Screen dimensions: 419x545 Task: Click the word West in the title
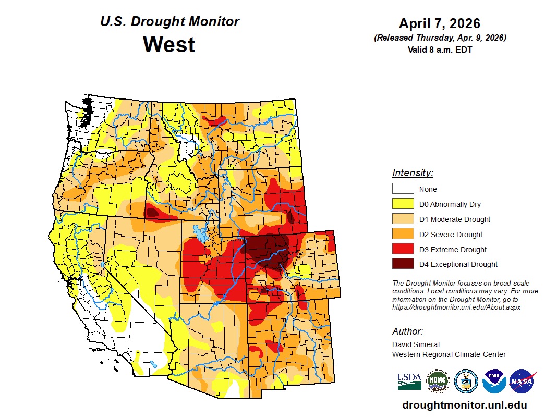169,44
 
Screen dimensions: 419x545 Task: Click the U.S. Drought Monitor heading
169,22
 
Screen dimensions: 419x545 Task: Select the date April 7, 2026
439,23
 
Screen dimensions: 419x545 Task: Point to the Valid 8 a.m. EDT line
440,50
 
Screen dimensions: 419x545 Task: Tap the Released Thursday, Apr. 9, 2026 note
440,38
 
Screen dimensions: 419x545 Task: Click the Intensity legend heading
413,173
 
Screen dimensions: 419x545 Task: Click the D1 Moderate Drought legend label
454,219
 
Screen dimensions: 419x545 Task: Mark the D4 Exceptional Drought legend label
458,264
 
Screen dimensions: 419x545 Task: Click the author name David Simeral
416,344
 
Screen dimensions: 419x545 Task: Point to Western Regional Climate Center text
449,354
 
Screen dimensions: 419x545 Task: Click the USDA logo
409,381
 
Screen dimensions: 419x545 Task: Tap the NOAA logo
494,381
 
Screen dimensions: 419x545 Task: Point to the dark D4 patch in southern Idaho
152,212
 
